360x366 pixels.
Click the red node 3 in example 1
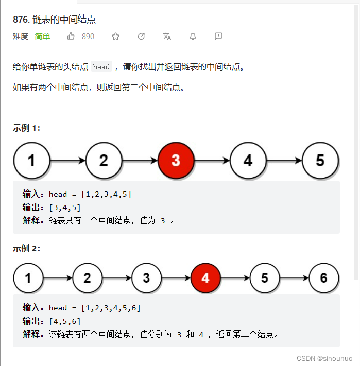(x=176, y=161)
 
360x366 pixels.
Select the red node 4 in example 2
(x=205, y=278)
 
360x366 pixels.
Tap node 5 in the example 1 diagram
(x=320, y=161)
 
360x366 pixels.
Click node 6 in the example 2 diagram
(x=323, y=278)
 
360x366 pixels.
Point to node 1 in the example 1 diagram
(x=31, y=161)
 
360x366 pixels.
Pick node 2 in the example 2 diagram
(x=87, y=278)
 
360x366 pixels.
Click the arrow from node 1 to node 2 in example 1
(x=67, y=161)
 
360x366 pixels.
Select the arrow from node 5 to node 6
(x=294, y=278)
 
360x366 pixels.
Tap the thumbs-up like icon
(x=71, y=36)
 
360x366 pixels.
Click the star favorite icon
(x=115, y=36)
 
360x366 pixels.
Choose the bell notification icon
(x=193, y=36)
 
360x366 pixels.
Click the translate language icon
(x=167, y=36)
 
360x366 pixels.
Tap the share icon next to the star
(x=141, y=36)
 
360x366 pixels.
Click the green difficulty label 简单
(x=42, y=36)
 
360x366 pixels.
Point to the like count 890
(x=88, y=36)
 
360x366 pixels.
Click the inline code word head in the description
(x=101, y=67)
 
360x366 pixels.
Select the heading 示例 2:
(x=27, y=249)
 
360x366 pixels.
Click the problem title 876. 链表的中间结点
(x=54, y=20)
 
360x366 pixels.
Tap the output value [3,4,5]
(x=65, y=207)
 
